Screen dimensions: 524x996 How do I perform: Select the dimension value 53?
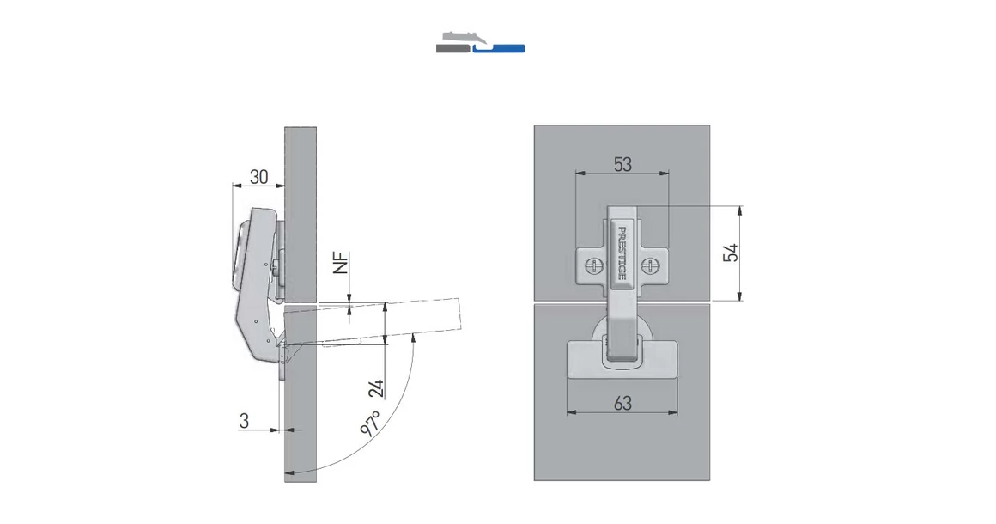pyautogui.click(x=622, y=163)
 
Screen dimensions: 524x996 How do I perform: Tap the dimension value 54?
pyautogui.click(x=731, y=253)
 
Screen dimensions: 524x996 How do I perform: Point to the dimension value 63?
pyautogui.click(x=622, y=402)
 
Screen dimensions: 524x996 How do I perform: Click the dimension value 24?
pyautogui.click(x=376, y=387)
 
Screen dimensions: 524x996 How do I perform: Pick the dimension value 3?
pyautogui.click(x=245, y=421)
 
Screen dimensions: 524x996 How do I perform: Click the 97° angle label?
pyautogui.click(x=371, y=425)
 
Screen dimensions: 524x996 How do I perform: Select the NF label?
pyautogui.click(x=342, y=263)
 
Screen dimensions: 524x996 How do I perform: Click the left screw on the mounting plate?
pyautogui.click(x=590, y=265)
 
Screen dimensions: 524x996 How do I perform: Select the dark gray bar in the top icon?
pyautogui.click(x=452, y=49)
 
